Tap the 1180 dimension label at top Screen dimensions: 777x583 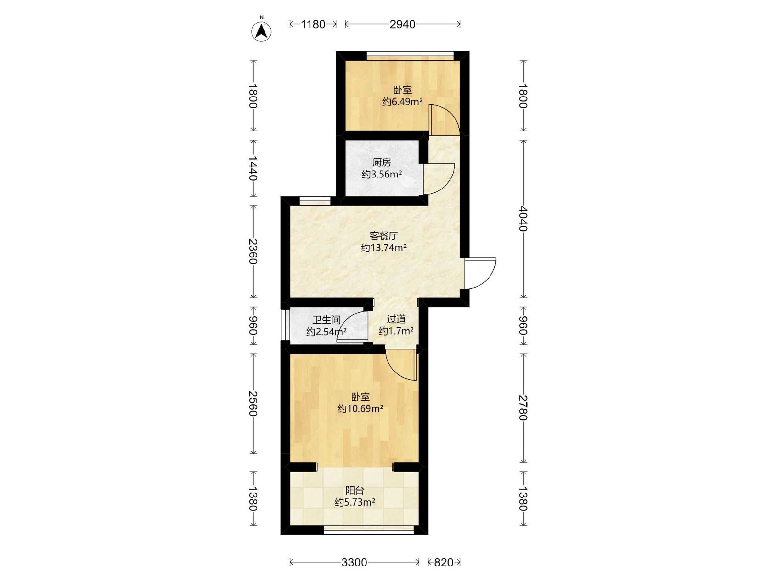point(313,24)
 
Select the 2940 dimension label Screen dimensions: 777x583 point(402,24)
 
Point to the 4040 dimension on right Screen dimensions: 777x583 point(524,219)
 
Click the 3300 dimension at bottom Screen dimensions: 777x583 point(354,563)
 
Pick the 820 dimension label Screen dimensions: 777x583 point(444,563)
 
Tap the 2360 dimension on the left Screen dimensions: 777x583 point(253,252)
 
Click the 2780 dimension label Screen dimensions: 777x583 point(524,408)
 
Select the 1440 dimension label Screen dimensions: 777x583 point(253,168)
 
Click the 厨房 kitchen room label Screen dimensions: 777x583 point(381,162)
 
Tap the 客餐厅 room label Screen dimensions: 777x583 point(384,235)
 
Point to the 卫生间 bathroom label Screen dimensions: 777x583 point(327,320)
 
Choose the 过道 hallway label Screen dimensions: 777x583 point(396,319)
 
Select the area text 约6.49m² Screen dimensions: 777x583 point(402,102)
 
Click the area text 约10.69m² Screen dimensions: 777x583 point(360,409)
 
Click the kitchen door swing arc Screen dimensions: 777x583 point(439,178)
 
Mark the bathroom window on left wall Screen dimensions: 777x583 point(284,324)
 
